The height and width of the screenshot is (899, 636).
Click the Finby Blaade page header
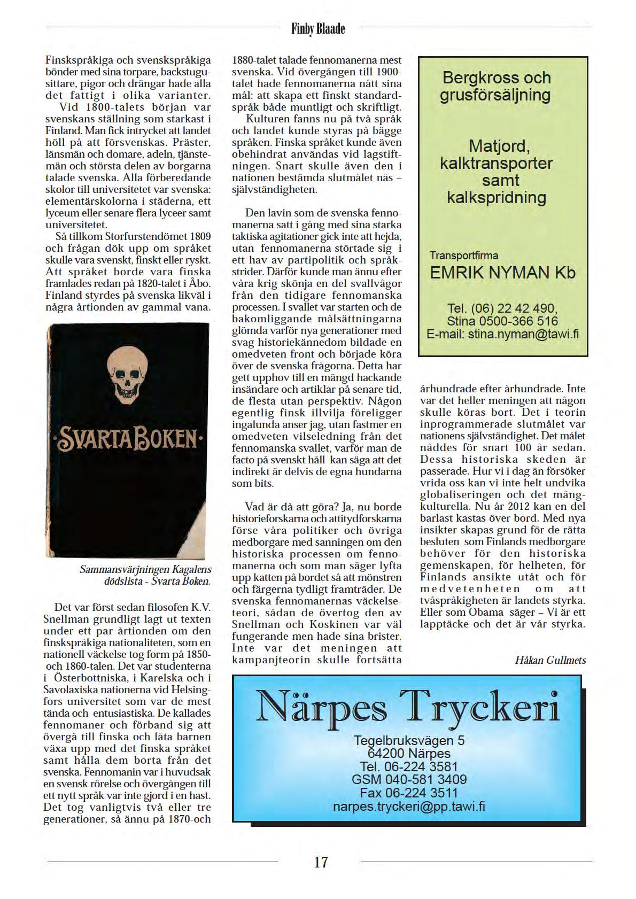318,28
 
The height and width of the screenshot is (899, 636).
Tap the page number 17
321,862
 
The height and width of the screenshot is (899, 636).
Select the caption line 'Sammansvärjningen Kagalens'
145,569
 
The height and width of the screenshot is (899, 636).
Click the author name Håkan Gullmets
550,660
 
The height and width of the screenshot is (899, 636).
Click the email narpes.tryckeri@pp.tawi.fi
409,806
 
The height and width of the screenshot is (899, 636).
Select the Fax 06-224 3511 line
409,793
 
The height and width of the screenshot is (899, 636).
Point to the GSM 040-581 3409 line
409,780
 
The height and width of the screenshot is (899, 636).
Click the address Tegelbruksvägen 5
409,740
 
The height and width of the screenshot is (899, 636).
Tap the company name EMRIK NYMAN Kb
503,273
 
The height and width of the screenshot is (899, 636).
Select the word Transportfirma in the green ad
464,255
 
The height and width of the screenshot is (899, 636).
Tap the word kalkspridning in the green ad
497,198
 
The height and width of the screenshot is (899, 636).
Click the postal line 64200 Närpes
409,754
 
